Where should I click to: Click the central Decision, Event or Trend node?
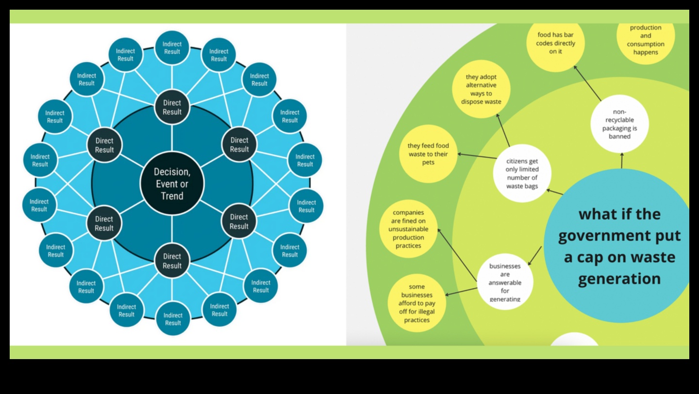coord(172,184)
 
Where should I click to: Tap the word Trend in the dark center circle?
coord(172,196)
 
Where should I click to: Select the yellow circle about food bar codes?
coord(556,43)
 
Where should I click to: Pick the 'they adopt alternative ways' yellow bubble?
coord(481,89)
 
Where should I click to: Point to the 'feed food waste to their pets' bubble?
coord(428,154)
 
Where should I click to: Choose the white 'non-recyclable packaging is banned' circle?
coord(619,124)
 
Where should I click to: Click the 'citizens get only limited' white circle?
coord(522,173)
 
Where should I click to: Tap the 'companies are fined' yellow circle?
coord(408,229)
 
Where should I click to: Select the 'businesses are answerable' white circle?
coord(505,282)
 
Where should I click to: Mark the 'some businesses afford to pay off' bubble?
coord(416,303)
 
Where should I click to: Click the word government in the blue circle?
coord(619,236)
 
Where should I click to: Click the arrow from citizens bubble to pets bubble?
coord(476,157)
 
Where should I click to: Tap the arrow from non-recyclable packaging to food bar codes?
coord(587,83)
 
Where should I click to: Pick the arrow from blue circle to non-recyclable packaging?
coord(622,161)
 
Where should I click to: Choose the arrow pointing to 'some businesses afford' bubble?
coord(462,291)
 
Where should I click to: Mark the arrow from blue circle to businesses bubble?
coord(535,255)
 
